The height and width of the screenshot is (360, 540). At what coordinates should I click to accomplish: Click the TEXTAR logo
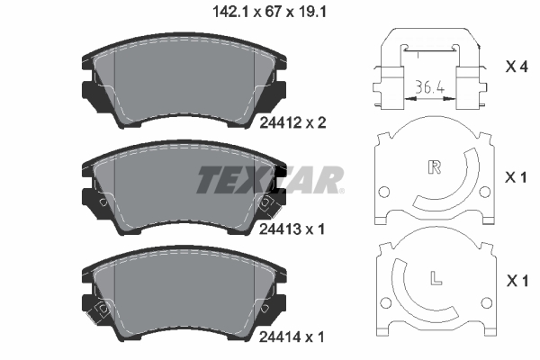[x=270, y=179]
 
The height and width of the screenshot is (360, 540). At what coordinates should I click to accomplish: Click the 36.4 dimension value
[x=428, y=88]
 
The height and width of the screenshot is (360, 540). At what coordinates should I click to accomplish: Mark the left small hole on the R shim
[x=384, y=192]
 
